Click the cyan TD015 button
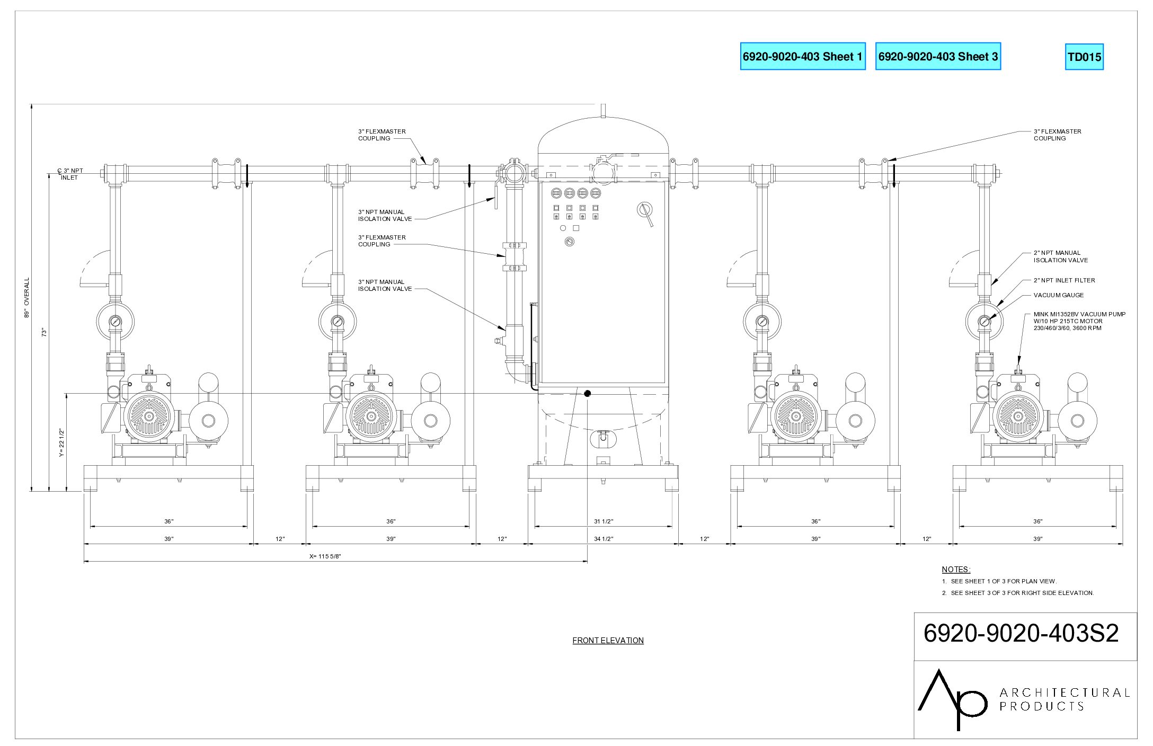(x=1084, y=57)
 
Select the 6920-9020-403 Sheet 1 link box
(x=803, y=56)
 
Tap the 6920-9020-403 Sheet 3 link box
(x=938, y=56)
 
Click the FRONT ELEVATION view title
(x=608, y=641)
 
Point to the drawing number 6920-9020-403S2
(x=1021, y=633)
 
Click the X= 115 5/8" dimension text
(x=325, y=556)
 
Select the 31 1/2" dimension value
(x=604, y=521)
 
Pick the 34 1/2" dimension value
(x=604, y=539)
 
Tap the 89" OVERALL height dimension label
(x=26, y=298)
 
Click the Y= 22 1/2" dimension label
(x=61, y=443)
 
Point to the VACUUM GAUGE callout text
(x=1059, y=295)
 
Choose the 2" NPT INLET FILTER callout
(x=1064, y=280)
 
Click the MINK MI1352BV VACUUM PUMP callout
(x=1079, y=321)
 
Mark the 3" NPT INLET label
(x=70, y=174)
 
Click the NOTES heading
(x=956, y=570)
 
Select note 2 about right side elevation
(x=1018, y=593)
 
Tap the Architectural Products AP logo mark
(x=952, y=699)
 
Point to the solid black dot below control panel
(x=588, y=393)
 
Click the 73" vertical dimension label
(x=45, y=332)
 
